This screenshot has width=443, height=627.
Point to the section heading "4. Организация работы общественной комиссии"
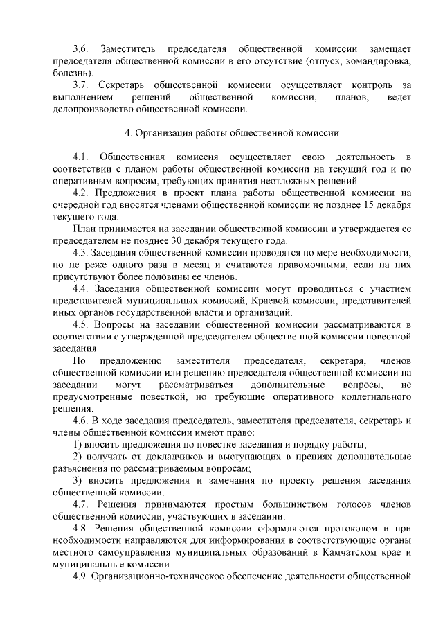(x=231, y=133)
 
